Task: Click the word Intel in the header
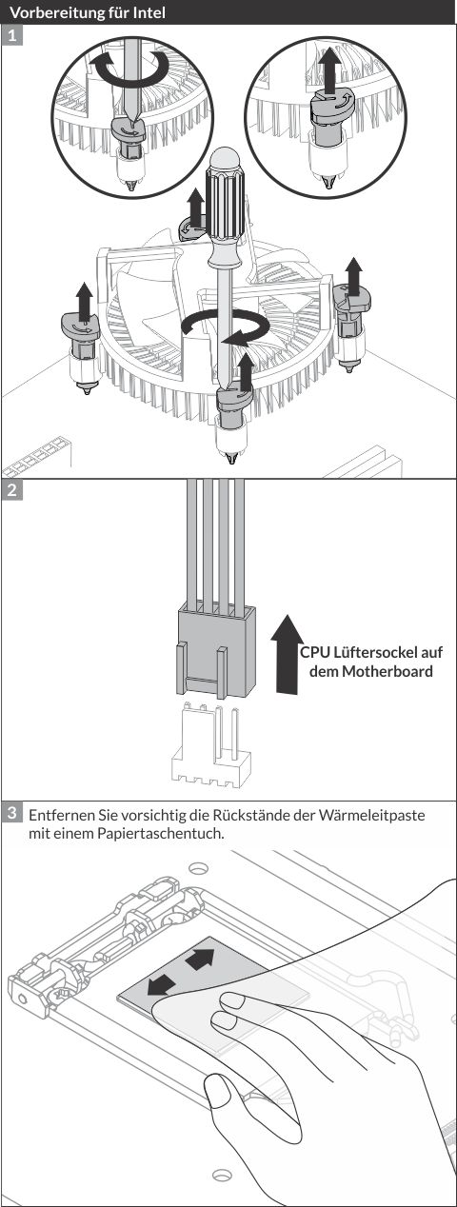click(x=150, y=11)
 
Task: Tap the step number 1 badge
click(x=12, y=35)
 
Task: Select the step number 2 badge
click(x=12, y=490)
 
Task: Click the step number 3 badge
click(x=12, y=813)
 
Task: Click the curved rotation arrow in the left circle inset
click(x=129, y=67)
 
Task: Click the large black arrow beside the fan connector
click(x=287, y=654)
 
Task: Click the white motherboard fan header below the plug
click(x=211, y=744)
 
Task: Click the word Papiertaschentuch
click(x=161, y=834)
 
